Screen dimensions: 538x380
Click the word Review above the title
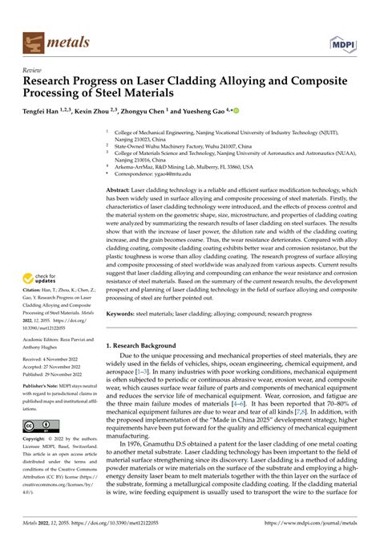[34, 69]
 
